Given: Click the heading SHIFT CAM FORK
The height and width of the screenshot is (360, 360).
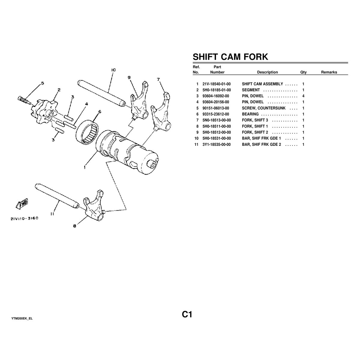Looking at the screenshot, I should pos(230,57).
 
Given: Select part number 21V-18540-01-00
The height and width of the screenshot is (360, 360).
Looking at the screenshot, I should pos(217,84).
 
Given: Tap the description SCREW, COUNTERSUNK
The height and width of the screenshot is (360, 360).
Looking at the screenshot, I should pos(264,108).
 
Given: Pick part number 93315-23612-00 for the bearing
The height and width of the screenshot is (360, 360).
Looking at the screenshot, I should pos(217,114).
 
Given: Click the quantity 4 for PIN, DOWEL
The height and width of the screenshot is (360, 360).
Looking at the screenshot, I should pos(303,96).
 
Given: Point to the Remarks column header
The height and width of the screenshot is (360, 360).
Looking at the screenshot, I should pos(329,72).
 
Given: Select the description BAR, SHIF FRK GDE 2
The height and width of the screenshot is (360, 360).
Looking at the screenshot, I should pos(261,144).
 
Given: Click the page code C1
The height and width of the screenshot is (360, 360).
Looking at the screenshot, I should pos(187,314).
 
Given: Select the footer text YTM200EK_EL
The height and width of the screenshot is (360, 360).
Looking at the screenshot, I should pos(22,318).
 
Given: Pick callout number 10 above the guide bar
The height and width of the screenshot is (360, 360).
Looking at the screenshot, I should pos(113,70).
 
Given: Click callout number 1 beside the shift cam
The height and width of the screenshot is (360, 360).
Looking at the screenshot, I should pos(85,167).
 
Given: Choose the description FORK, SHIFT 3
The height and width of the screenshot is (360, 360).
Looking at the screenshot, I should pos(255,120).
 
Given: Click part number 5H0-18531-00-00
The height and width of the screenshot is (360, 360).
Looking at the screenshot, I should pos(217,138).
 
